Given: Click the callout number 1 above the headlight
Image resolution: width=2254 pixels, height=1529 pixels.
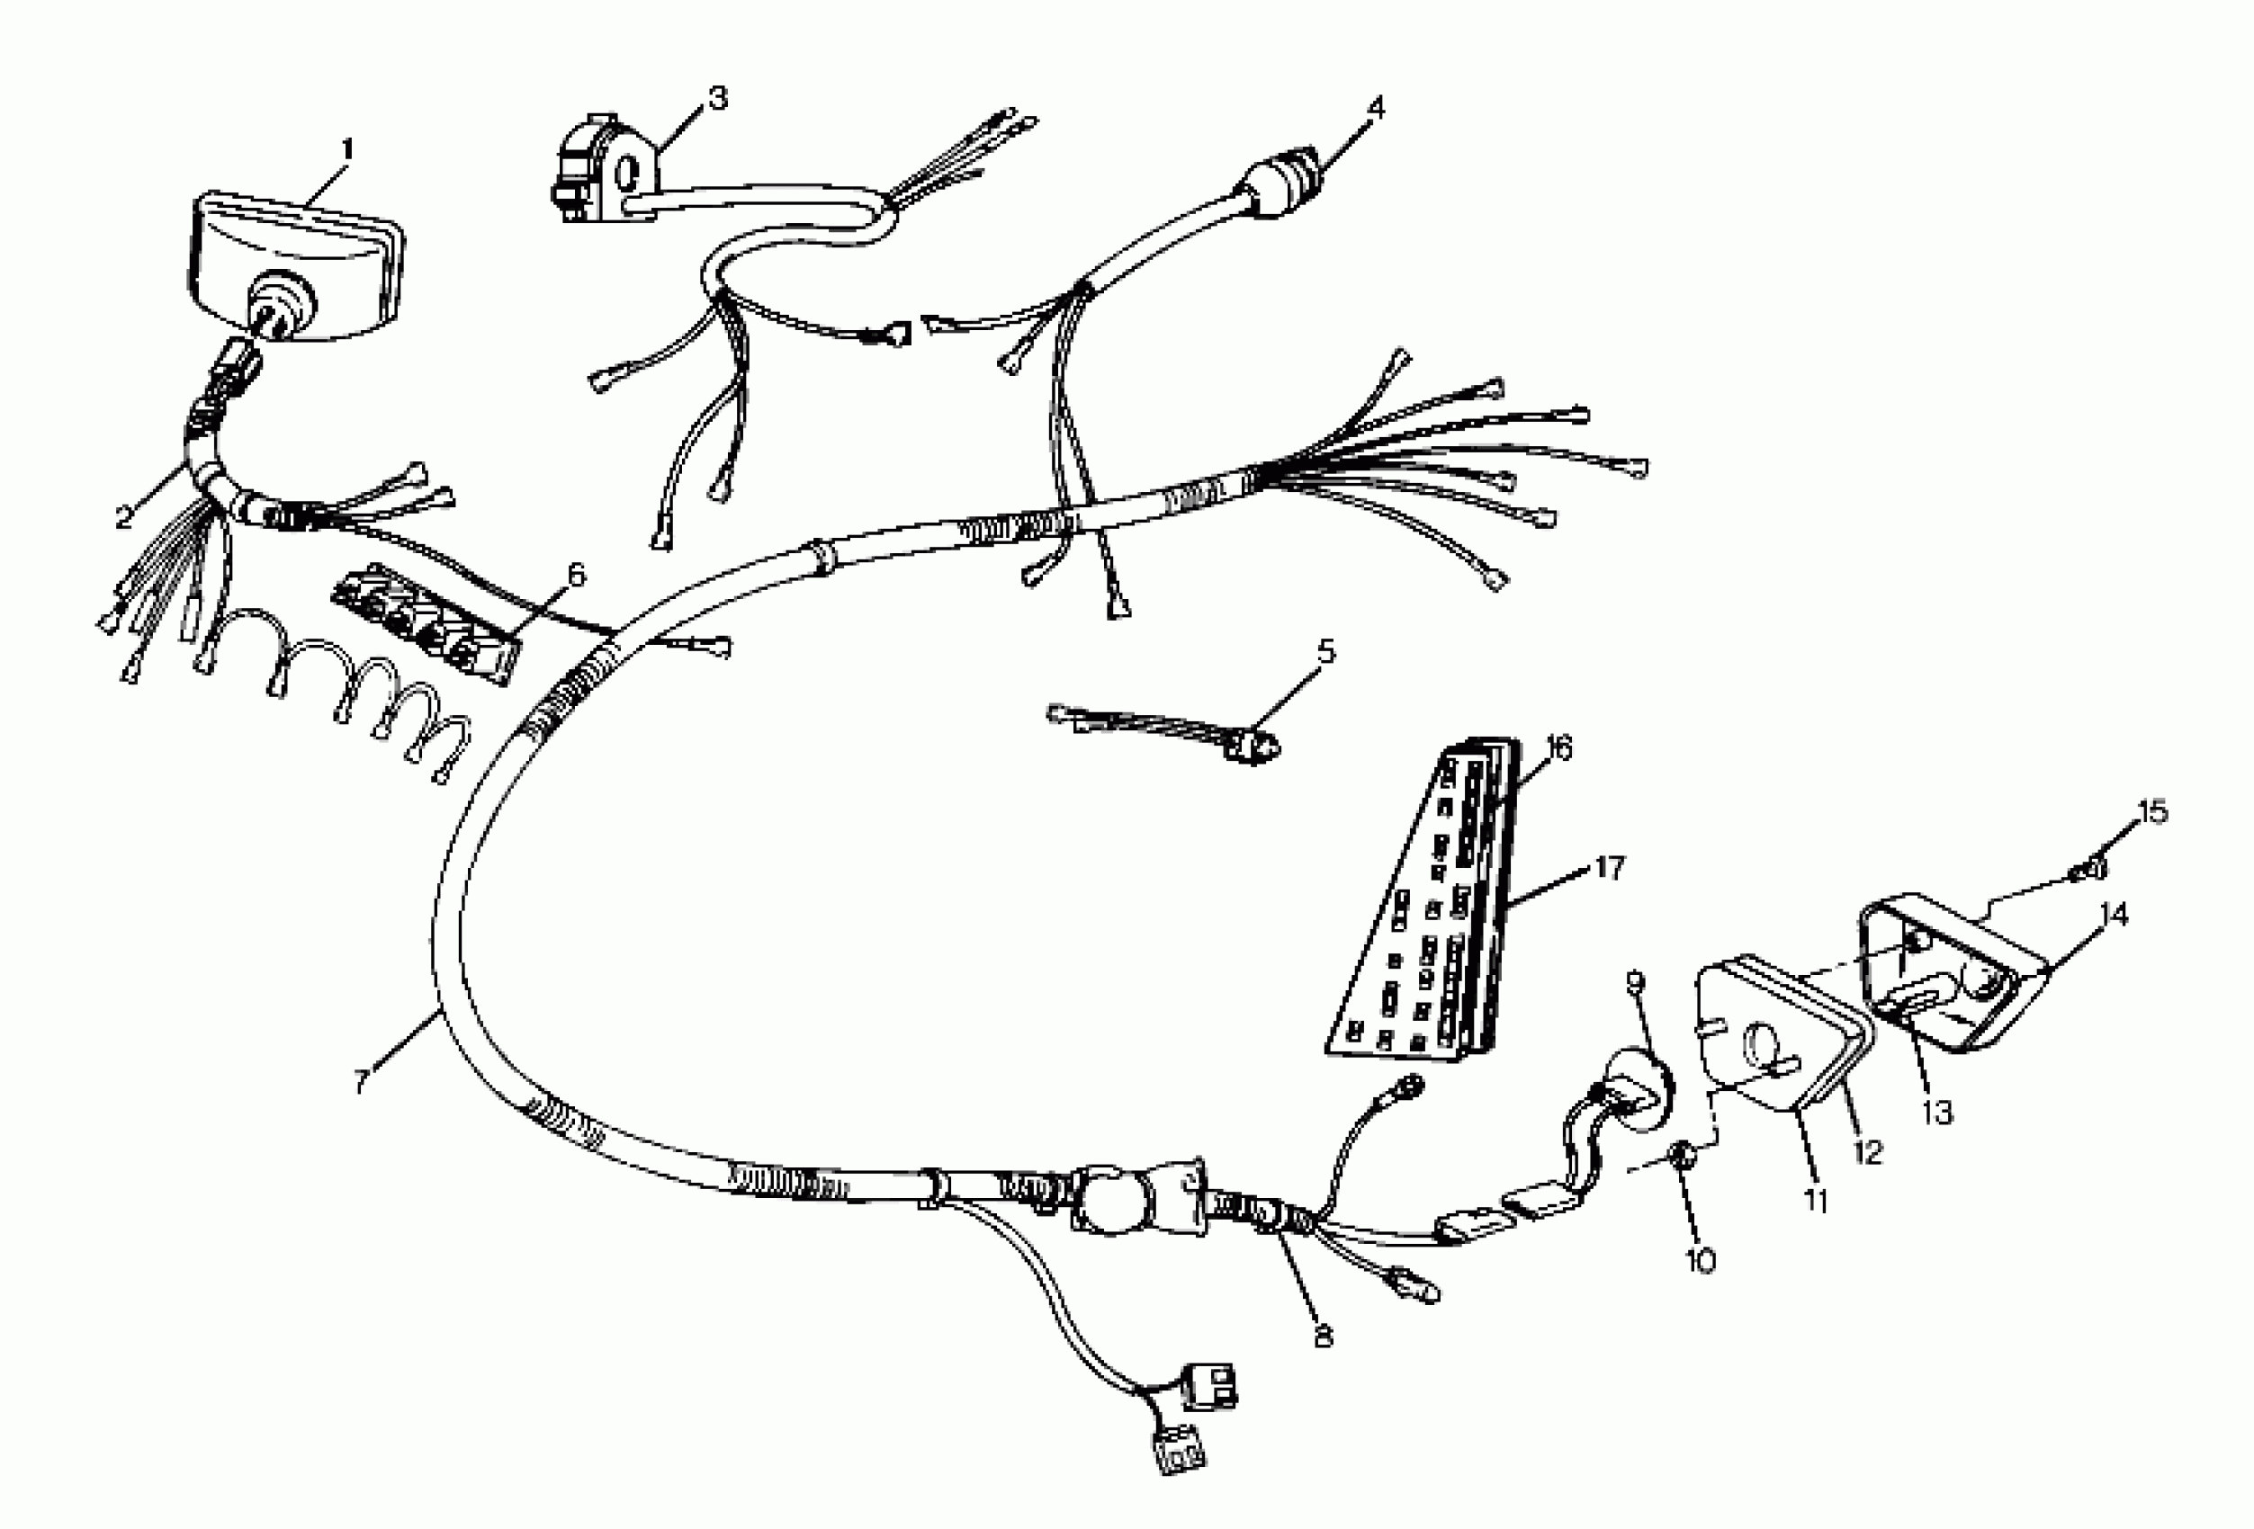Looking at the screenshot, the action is [x=346, y=150].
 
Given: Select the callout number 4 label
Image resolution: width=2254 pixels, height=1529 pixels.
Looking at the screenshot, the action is [x=1374, y=108].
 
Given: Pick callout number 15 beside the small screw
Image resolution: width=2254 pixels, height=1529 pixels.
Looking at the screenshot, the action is [x=2152, y=811].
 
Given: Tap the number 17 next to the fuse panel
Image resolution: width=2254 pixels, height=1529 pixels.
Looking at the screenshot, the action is [x=1609, y=868].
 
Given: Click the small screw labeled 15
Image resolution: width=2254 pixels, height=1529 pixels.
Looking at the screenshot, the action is [x=2088, y=869].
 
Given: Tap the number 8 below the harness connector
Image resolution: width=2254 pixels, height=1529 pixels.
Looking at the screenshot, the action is [x=1322, y=1336].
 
